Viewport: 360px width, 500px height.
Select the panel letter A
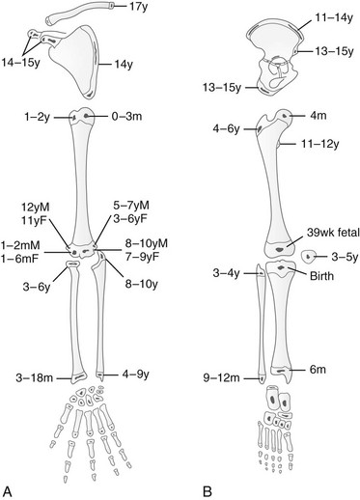coord(8,491)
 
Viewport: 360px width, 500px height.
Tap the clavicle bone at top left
coord(78,13)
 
